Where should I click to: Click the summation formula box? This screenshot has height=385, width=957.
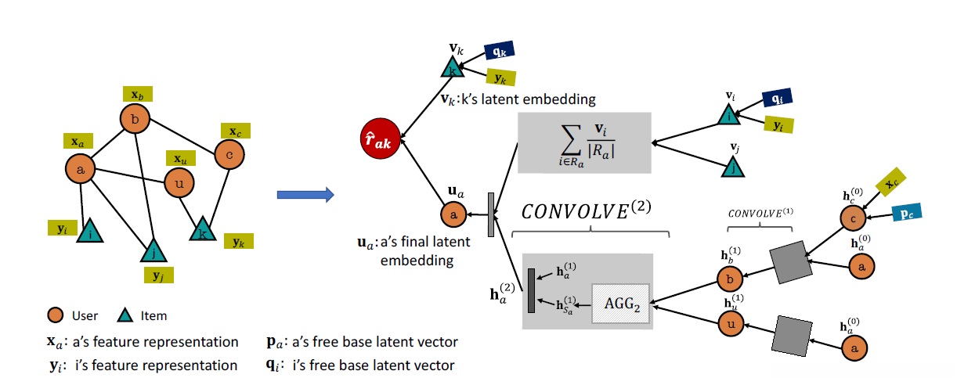584,142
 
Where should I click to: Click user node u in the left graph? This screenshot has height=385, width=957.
179,184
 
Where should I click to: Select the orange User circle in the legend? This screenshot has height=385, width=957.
54,316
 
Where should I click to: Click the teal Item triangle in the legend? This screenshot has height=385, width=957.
125,316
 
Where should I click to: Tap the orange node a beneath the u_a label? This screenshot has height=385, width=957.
452,214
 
